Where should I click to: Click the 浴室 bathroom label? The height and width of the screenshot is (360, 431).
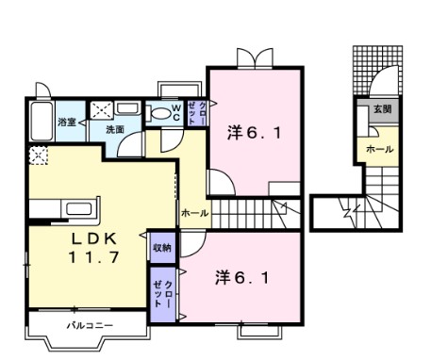(x=67, y=123)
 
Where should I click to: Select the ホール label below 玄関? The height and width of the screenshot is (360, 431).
(x=379, y=150)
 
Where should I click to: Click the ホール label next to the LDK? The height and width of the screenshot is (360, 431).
(x=195, y=213)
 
